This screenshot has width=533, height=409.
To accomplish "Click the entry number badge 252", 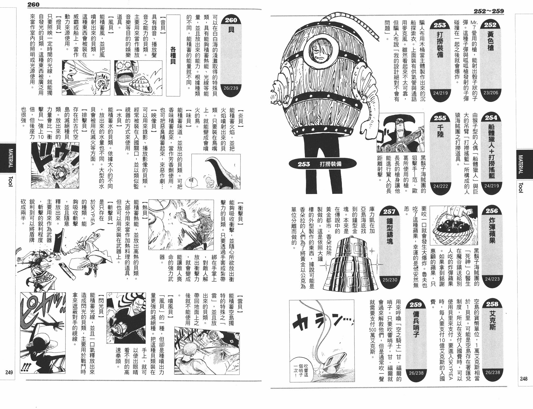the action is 490,25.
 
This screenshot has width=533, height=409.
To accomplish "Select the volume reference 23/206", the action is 491,92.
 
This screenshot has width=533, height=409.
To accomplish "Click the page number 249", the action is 9,372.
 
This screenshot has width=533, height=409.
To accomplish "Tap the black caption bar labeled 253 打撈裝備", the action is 323,164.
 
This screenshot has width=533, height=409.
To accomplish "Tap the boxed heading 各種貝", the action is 173,55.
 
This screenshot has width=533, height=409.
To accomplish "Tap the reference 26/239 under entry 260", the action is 231,88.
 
